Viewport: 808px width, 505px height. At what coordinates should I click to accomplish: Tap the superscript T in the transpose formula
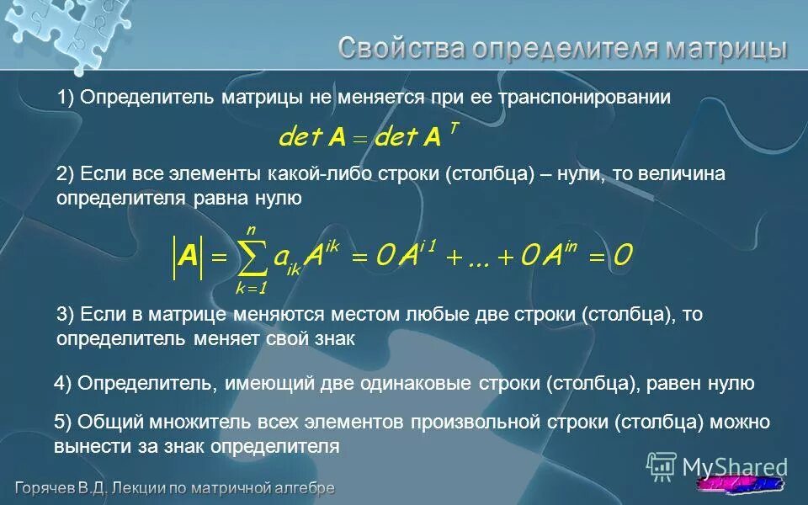pyautogui.click(x=454, y=126)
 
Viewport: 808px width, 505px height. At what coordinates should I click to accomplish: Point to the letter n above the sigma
pyautogui.click(x=251, y=229)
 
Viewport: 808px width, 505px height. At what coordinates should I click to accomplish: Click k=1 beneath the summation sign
pyautogui.click(x=252, y=289)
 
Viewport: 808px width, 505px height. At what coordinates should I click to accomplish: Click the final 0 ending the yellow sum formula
pyautogui.click(x=623, y=256)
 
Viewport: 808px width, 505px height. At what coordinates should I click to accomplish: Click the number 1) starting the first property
pyautogui.click(x=66, y=98)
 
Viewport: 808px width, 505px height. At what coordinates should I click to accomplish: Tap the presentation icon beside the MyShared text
pyautogui.click(x=661, y=465)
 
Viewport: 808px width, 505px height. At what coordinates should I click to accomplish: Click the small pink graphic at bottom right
pyautogui.click(x=741, y=486)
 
